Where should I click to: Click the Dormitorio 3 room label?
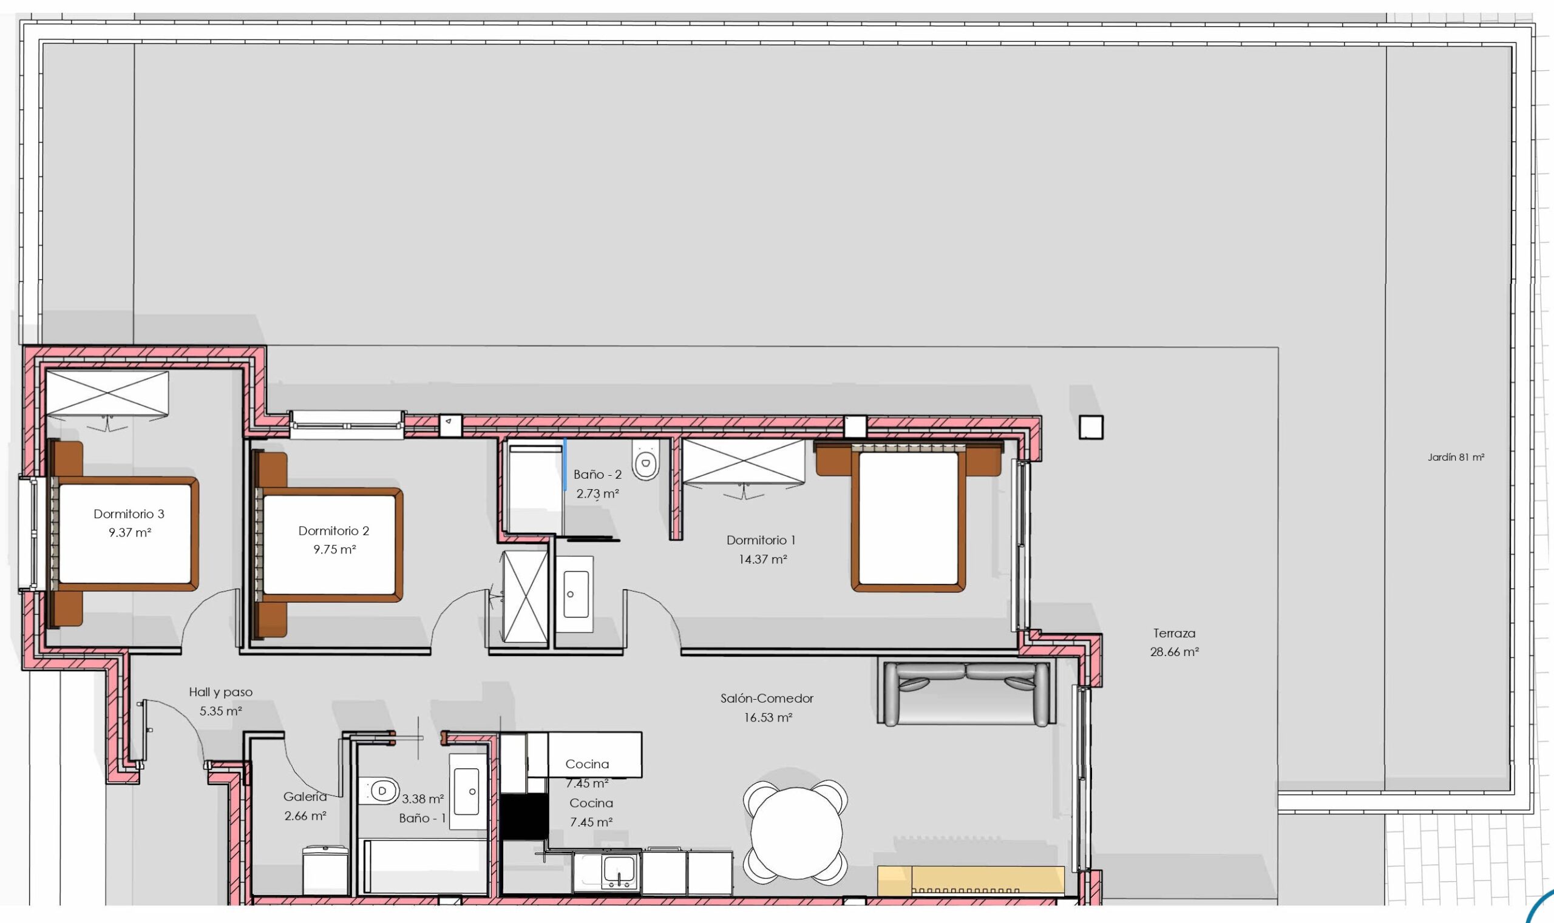pos(129,514)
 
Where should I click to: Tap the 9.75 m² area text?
pos(334,549)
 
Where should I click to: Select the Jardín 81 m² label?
pos(1456,457)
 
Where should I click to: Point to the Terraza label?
pos(1174,633)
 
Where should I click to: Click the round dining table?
pos(796,833)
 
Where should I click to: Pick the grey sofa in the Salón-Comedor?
pos(966,693)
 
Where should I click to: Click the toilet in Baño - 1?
pos(379,792)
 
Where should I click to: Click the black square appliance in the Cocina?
pos(524,817)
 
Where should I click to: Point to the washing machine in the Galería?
pos(325,870)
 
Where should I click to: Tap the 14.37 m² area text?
pos(762,559)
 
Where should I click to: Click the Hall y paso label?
pos(220,692)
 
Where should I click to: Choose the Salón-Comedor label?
pos(767,698)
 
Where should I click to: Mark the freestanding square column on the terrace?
pos(1091,427)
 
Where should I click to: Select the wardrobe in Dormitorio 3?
pos(107,393)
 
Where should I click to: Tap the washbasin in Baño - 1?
pos(467,791)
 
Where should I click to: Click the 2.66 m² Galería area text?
pos(305,816)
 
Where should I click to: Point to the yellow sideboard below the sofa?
pos(971,880)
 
